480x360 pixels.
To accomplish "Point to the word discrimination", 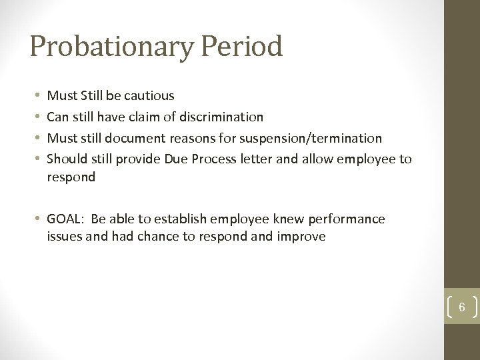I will [220, 117].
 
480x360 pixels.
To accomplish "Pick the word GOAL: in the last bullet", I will [67, 219].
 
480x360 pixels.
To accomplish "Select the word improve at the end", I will [303, 236].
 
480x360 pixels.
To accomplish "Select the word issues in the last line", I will [65, 236].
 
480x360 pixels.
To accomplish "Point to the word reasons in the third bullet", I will [197, 139].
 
